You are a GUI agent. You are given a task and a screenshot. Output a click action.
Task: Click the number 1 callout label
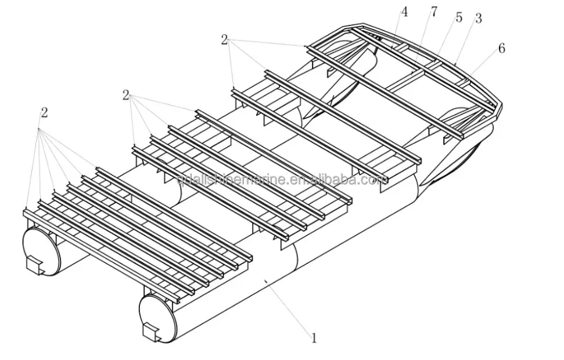[314, 337]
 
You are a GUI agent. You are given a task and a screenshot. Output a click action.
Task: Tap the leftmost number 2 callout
[44, 113]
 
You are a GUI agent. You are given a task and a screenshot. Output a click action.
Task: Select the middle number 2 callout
[125, 95]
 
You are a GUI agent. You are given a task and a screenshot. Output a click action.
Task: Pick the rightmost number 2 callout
[224, 39]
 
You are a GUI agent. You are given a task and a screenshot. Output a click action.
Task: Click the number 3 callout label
[478, 19]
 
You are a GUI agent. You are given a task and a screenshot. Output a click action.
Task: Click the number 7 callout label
[434, 12]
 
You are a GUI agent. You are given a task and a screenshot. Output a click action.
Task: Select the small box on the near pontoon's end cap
[152, 332]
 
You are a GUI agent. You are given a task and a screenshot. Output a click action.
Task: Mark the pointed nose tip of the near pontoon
[425, 184]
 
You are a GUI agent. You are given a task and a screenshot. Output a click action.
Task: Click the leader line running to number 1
[288, 307]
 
